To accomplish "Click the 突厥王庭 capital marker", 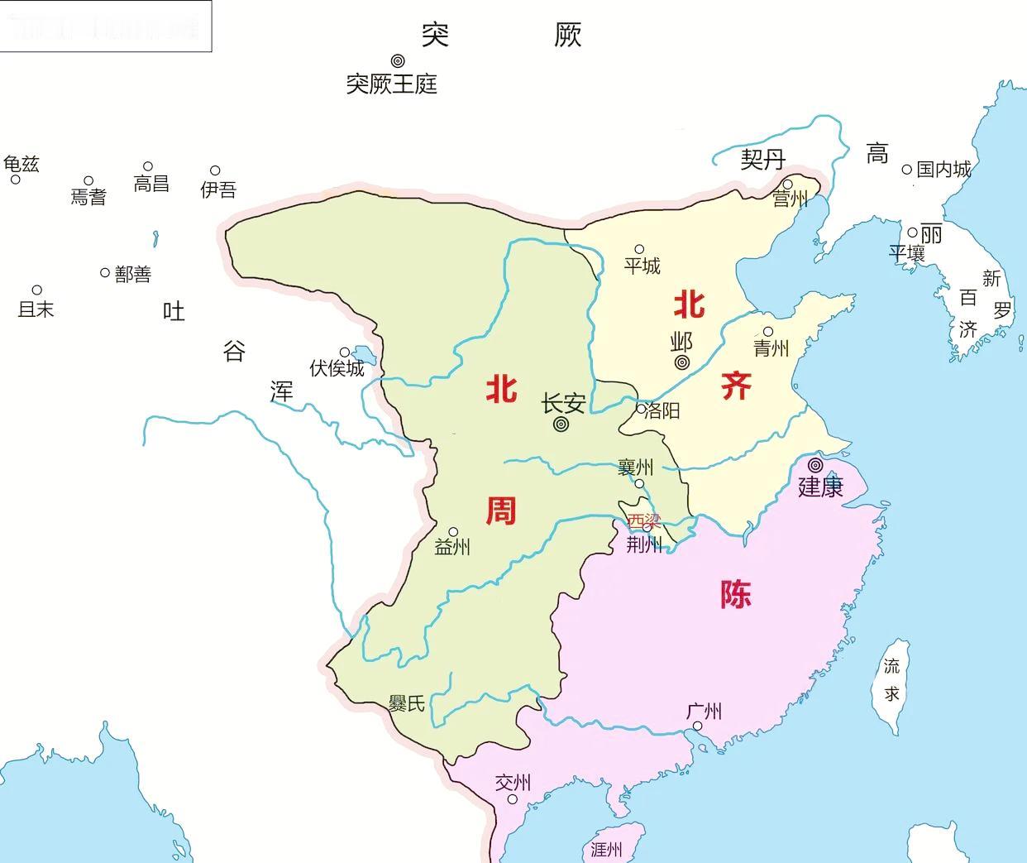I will [398, 60].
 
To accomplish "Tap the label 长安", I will [563, 404].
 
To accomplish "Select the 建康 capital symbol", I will [816, 465].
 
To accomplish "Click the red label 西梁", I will [643, 521].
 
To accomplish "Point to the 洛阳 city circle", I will [641, 409].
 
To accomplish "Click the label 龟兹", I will [21, 164].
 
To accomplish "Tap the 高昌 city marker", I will [148, 167].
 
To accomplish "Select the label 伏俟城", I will [337, 368].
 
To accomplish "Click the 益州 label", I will [452, 547].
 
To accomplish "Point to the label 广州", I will [704, 712].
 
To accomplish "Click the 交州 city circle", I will [512, 799].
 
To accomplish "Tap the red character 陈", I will [735, 593].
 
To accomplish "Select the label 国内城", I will [943, 170].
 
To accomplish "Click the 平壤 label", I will [907, 253].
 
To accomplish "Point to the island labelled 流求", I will [891, 683].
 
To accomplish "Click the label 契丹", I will [762, 159].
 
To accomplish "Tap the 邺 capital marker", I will [682, 362].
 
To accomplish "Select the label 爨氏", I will [407, 703].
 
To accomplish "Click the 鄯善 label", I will [133, 274].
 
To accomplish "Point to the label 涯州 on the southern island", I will [606, 849].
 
